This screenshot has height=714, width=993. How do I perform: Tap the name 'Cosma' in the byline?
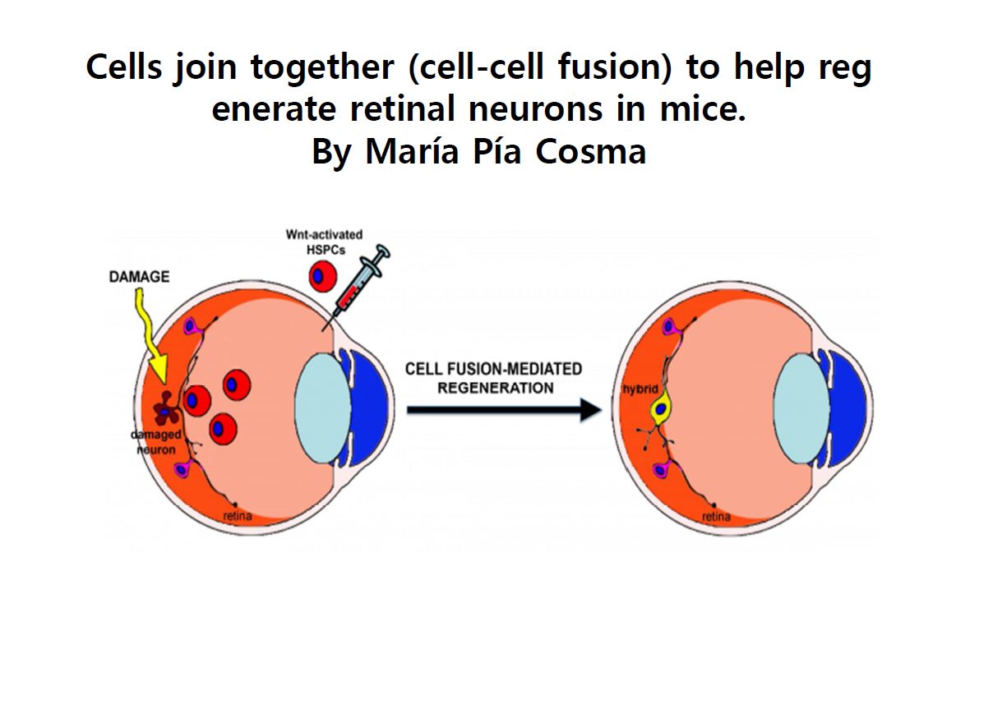click(x=591, y=151)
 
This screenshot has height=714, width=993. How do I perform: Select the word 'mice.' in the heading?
click(x=703, y=109)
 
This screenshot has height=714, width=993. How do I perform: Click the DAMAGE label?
click(x=139, y=277)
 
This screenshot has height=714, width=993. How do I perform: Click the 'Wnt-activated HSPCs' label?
click(x=325, y=242)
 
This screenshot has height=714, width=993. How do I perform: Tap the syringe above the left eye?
click(x=357, y=286)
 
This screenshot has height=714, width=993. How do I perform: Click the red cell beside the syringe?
click(x=323, y=277)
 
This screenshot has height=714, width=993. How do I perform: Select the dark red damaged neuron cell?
click(x=166, y=409)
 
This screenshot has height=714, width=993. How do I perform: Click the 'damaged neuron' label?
click(x=156, y=442)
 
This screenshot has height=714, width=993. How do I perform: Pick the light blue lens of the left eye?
click(x=323, y=408)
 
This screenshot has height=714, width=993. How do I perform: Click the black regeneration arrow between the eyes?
click(x=504, y=410)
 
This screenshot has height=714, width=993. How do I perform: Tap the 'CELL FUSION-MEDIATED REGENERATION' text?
click(x=493, y=378)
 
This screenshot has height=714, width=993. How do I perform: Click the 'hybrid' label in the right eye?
click(x=640, y=389)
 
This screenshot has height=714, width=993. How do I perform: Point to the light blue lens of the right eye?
click(x=801, y=408)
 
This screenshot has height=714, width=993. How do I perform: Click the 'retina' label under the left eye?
click(x=238, y=516)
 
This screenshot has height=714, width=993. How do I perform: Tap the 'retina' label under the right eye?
click(x=716, y=517)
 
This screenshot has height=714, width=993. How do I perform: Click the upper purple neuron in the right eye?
click(x=669, y=328)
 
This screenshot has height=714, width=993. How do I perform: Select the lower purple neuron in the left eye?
click(x=182, y=469)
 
